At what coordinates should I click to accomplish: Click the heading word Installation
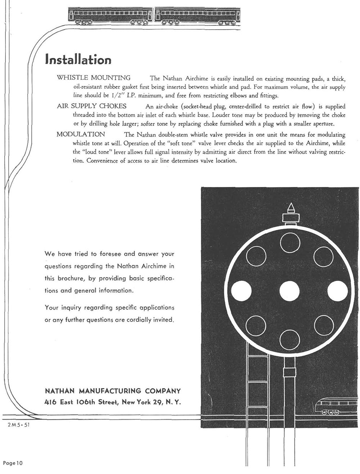tap(78, 59)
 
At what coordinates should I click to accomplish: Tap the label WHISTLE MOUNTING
tap(94, 78)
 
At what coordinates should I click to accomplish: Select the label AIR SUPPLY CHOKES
tap(91, 106)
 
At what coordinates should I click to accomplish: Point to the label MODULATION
tap(81, 134)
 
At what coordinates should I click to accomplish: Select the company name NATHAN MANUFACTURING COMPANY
tap(112, 391)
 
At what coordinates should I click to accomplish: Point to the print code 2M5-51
tap(15, 425)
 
